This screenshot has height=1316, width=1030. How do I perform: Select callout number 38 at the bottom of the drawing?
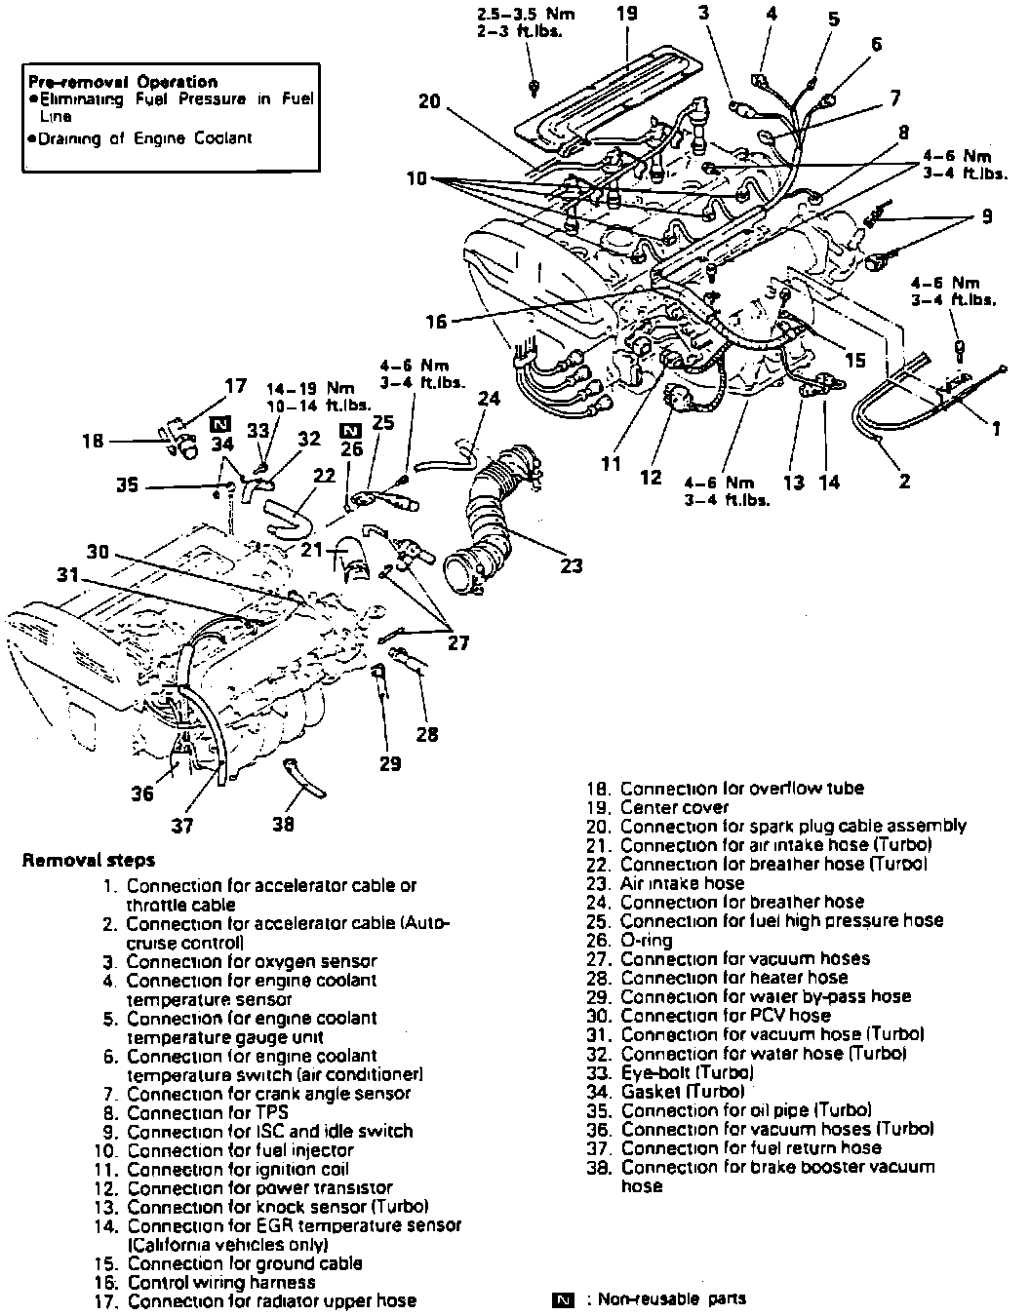283,824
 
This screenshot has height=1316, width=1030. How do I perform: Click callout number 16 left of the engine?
436,322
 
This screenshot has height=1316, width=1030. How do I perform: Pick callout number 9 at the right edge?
988,217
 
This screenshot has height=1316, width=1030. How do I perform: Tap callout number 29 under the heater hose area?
390,763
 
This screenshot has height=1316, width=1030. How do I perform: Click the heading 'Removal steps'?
89,861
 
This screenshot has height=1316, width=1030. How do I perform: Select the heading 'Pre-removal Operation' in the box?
123,81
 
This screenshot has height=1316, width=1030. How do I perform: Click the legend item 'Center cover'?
674,807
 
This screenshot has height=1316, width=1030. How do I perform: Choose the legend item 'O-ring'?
646,940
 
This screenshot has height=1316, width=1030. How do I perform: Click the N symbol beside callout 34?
220,424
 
